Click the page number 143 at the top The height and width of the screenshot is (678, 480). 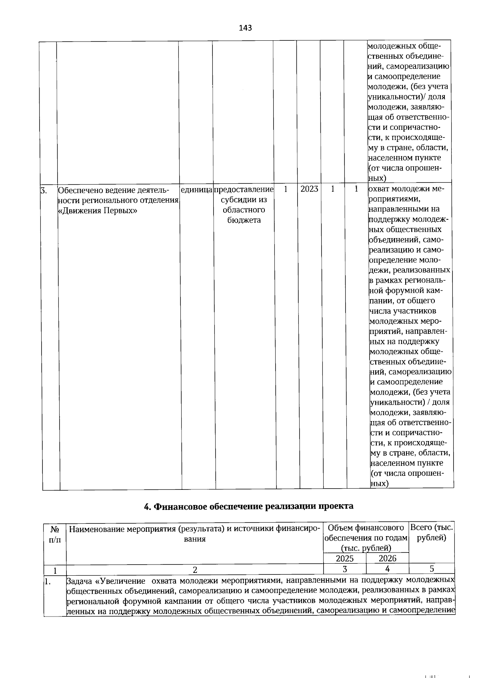[x=245, y=28]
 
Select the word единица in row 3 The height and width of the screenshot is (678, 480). [x=196, y=189]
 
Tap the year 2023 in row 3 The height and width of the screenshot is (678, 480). [x=309, y=189]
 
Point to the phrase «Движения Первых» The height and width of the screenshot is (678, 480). [x=98, y=210]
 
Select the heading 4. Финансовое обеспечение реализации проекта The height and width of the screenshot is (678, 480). [x=248, y=506]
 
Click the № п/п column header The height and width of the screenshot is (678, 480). [x=55, y=534]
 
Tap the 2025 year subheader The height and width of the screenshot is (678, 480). [x=344, y=558]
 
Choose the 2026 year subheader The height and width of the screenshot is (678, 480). [x=387, y=558]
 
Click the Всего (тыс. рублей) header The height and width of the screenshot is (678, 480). [x=432, y=533]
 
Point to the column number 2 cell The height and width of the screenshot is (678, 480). [x=195, y=569]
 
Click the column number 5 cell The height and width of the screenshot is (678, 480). [x=432, y=569]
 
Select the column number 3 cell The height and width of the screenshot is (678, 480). [x=344, y=569]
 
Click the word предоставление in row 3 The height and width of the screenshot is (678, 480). [x=244, y=189]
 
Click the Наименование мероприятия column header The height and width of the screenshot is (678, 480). [x=195, y=534]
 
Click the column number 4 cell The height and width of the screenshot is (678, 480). [x=387, y=569]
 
